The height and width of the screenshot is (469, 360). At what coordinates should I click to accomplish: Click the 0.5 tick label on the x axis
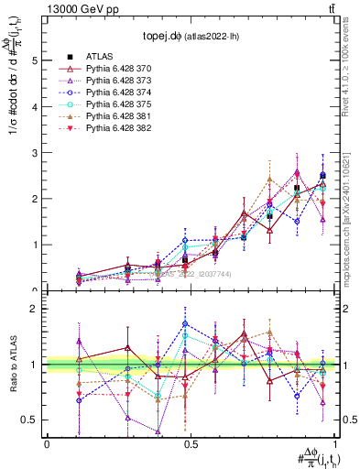[x=191, y=443]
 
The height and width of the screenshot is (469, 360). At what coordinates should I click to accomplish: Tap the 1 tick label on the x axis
[x=335, y=443]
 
